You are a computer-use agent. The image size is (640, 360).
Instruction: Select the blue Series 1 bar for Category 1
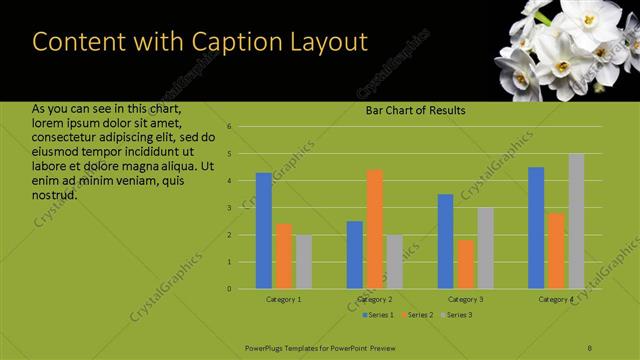click(264, 231)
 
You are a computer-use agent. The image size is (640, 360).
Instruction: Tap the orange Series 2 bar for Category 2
click(374, 229)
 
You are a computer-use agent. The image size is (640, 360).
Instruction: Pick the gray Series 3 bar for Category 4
click(576, 221)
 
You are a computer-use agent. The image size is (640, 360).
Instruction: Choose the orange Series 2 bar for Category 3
click(465, 264)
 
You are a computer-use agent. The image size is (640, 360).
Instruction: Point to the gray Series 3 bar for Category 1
click(304, 262)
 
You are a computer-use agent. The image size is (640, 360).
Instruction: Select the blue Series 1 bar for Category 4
click(536, 228)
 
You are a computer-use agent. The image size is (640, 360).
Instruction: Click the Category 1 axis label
click(284, 299)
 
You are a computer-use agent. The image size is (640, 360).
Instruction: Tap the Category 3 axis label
click(465, 299)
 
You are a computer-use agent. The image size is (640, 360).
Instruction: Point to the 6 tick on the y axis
click(229, 127)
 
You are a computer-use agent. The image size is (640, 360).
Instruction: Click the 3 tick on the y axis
click(229, 208)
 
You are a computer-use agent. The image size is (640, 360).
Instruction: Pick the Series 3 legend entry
click(456, 315)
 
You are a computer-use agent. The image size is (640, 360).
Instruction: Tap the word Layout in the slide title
click(322, 42)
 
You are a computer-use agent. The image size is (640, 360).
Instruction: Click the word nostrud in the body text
click(54, 194)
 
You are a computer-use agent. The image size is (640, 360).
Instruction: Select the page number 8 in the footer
click(589, 346)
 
